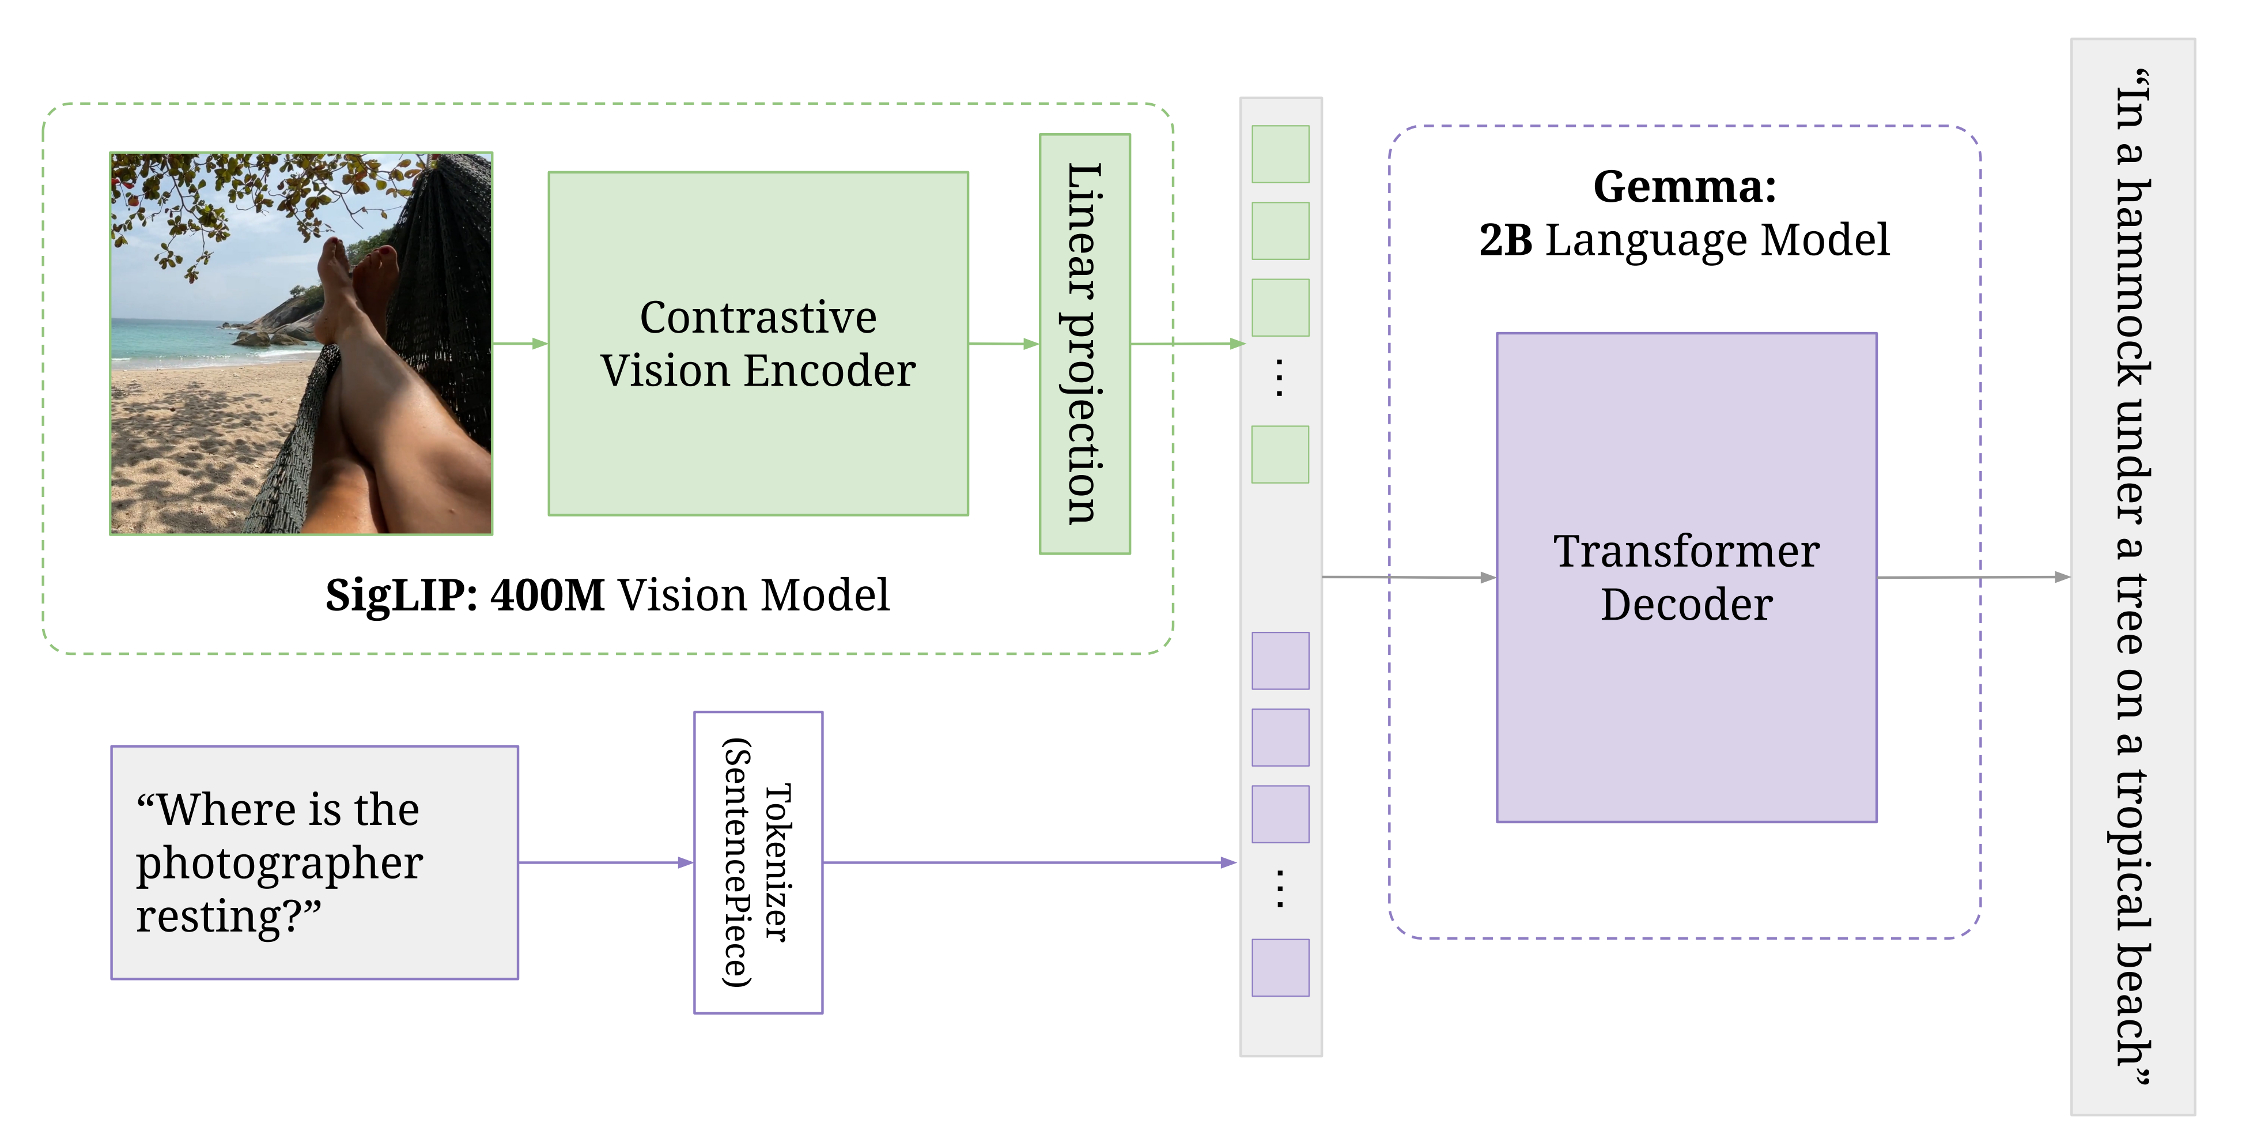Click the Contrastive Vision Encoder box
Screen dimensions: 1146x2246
coord(758,343)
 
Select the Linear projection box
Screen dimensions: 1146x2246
coord(1084,343)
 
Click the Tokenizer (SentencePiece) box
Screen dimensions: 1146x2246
coord(758,862)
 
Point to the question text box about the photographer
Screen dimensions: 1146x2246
coord(314,862)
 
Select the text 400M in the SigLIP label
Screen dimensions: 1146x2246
coord(547,595)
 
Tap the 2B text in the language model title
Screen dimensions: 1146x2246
coord(1506,240)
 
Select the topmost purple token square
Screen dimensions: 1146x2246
coord(1279,660)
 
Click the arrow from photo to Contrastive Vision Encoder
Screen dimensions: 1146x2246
coord(520,344)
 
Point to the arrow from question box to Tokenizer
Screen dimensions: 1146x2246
coord(606,862)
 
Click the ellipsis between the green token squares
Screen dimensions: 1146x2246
coord(1279,378)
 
